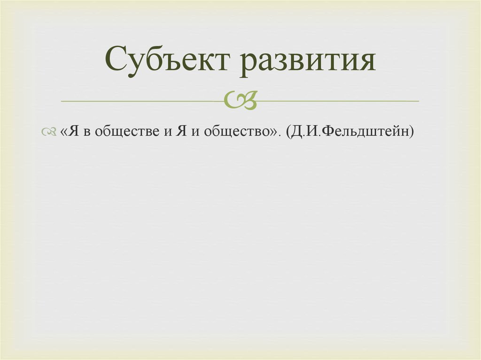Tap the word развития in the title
tap(309, 61)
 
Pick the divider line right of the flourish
tap(338, 101)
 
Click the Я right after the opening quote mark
tap(73, 132)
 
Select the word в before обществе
tap(87, 133)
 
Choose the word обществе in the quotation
tap(126, 133)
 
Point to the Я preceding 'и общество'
tap(181, 132)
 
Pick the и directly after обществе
tap(168, 133)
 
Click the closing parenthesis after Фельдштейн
tap(412, 133)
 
